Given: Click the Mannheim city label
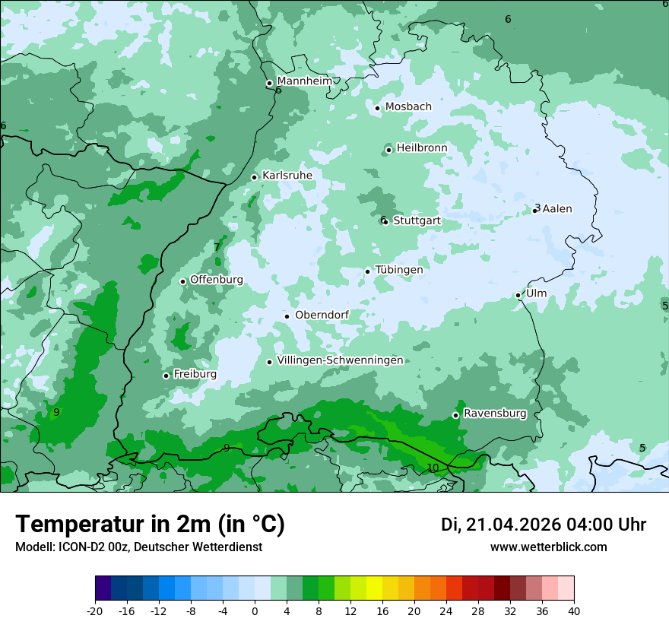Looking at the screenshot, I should (305, 81).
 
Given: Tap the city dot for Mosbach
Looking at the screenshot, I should (377, 108).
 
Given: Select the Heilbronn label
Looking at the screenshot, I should (422, 147).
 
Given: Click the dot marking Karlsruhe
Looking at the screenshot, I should (255, 177).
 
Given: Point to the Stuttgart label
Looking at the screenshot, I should (417, 220).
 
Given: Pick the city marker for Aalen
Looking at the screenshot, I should (535, 210).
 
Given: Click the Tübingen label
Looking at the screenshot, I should (399, 270).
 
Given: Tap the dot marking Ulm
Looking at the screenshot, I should (518, 295).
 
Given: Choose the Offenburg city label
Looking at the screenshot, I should (217, 280).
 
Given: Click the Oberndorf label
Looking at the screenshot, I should (322, 315).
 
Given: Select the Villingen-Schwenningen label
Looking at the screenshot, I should (340, 360).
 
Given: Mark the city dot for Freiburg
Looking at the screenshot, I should (166, 376).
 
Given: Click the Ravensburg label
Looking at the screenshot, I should (495, 414).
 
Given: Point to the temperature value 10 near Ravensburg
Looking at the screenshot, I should (433, 468).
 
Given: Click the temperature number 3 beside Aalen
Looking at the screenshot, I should (537, 208).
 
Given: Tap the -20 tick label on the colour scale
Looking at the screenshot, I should (95, 611).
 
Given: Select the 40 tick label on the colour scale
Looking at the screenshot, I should (574, 611).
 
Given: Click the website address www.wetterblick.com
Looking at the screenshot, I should (549, 547).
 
